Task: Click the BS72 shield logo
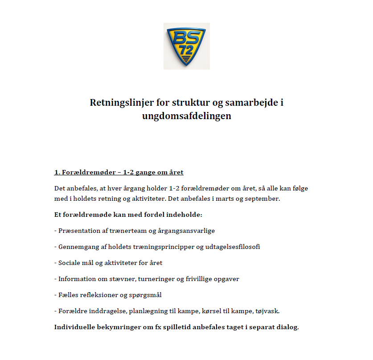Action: pyautogui.click(x=186, y=46)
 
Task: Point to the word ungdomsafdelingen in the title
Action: pyautogui.click(x=187, y=116)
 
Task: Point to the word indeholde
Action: pyautogui.click(x=185, y=215)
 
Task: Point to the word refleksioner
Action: pyautogui.click(x=100, y=295)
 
